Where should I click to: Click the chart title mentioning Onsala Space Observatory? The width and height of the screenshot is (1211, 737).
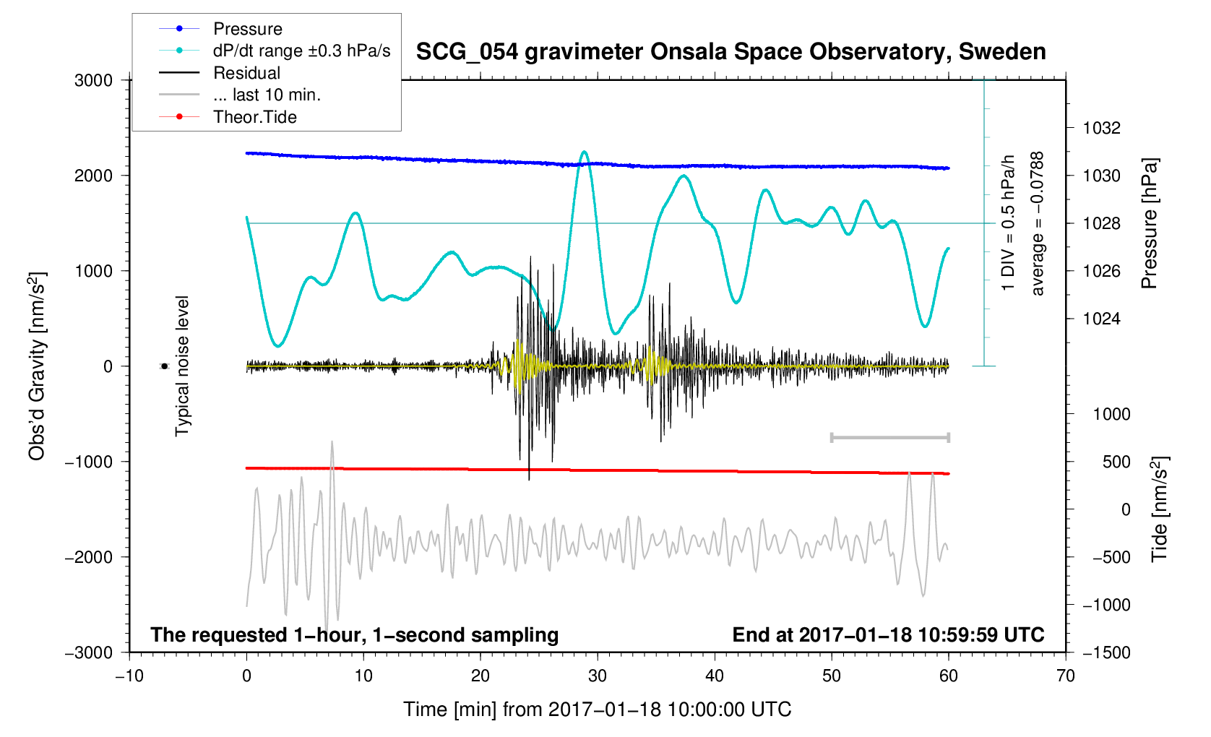(731, 52)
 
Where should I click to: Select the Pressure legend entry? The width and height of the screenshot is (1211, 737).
(247, 29)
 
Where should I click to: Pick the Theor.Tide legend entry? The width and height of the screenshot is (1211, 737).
(254, 117)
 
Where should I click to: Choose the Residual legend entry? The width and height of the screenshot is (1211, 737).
(246, 73)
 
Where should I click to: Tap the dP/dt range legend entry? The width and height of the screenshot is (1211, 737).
(301, 51)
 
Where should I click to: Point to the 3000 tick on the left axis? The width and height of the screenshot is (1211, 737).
(94, 80)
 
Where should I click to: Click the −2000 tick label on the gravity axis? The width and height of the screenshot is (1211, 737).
(89, 557)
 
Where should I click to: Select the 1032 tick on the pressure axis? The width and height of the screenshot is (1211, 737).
(1101, 128)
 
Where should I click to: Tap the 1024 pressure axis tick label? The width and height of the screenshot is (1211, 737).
(1101, 319)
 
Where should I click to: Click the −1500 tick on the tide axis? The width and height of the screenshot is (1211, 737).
(1106, 652)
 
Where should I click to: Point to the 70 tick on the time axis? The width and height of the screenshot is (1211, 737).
(1065, 676)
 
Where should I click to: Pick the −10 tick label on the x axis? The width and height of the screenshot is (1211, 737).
(129, 676)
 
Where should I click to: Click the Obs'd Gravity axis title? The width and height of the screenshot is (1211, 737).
(38, 366)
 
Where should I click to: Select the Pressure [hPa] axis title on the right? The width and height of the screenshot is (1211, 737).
(1149, 223)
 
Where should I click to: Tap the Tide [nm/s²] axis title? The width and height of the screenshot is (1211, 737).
(1160, 509)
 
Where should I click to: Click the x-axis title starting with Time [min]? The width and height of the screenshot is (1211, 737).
(597, 710)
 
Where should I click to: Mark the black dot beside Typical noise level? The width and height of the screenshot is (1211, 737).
(164, 366)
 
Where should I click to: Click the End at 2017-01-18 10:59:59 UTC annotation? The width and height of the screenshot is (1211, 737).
(888, 635)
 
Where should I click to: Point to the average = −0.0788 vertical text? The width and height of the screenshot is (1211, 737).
(1038, 223)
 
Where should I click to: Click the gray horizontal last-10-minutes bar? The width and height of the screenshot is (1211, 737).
(889, 437)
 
